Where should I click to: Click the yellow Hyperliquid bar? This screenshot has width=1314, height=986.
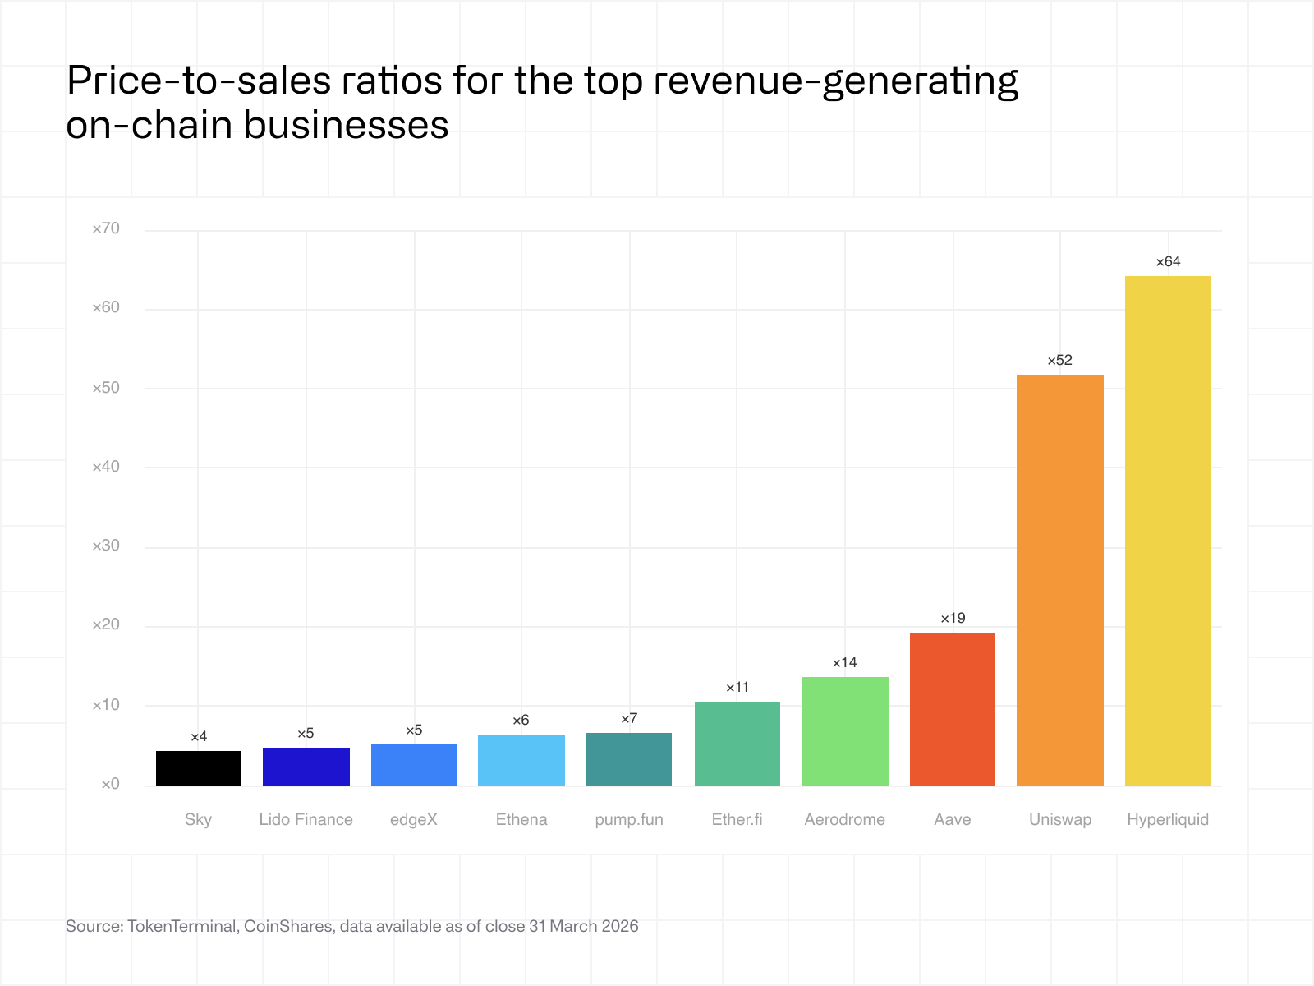1167,531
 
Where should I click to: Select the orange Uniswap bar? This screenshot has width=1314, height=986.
1059,580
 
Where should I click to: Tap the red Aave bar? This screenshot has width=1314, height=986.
952,709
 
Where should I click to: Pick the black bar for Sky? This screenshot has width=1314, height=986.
199,768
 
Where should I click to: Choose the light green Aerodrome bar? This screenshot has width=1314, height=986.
844,731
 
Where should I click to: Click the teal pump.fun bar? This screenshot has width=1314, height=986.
629,759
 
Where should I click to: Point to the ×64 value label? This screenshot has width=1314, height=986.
1168,262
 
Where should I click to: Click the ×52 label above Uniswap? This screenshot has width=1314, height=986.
1059,361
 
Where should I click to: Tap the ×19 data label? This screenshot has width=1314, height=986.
953,618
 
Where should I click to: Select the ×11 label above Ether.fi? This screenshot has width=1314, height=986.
737,687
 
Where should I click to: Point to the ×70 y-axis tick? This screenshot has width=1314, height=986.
106,228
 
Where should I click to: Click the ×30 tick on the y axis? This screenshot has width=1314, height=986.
106,546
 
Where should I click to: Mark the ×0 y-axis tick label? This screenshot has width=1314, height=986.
110,784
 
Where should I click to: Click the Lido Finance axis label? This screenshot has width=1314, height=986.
306,819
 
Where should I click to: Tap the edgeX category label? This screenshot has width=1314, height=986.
414,819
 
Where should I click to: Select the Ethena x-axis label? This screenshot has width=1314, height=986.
521,819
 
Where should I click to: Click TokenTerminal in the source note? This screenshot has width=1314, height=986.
182,926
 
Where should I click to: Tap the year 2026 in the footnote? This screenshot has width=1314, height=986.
619,926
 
